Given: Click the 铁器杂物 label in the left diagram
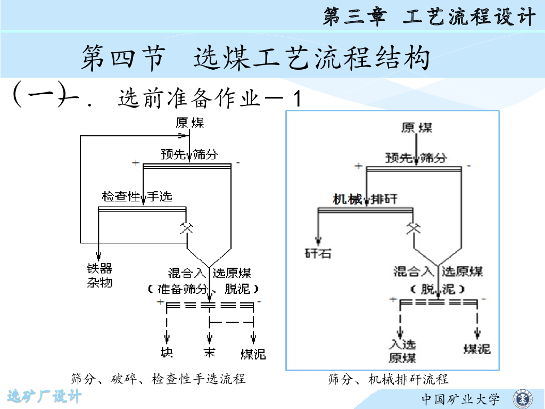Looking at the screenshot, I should click(x=100, y=275).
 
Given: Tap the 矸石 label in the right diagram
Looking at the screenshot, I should click(x=318, y=253).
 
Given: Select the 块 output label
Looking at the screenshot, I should click(x=167, y=352).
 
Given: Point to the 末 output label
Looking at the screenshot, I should click(x=209, y=352).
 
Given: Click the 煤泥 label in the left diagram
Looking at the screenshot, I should click(x=253, y=354).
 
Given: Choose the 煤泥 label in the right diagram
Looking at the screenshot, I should click(x=477, y=349).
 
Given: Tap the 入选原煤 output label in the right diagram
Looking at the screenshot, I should click(x=402, y=351).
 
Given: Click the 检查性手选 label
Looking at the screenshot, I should click(x=137, y=197).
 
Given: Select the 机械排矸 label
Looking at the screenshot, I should click(x=365, y=199).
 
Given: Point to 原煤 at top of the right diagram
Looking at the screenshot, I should click(x=417, y=128).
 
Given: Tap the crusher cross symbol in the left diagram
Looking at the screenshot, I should click(x=186, y=227).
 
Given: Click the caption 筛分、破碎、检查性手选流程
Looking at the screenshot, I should click(x=158, y=379).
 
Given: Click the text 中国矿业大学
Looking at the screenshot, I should click(x=461, y=399).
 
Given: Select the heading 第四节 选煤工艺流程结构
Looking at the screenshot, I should click(x=255, y=58).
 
